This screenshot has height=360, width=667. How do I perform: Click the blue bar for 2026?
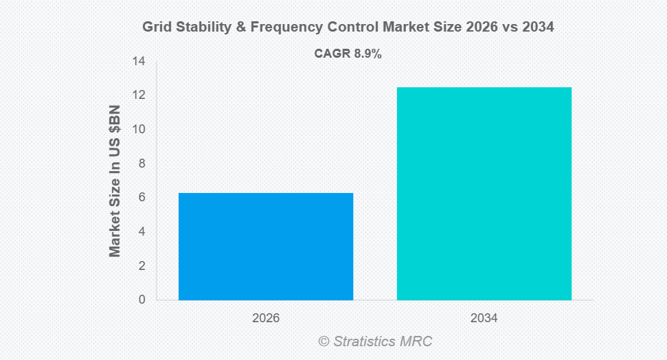[x=266, y=247]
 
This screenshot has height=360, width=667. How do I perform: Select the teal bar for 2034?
[x=484, y=194]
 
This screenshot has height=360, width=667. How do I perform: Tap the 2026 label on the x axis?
[x=266, y=319]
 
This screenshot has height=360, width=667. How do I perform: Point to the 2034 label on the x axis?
[x=484, y=319]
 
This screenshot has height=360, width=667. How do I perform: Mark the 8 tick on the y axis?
[x=142, y=164]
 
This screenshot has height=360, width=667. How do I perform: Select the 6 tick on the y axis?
[x=142, y=198]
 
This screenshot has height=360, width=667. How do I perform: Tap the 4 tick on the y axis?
[x=142, y=232]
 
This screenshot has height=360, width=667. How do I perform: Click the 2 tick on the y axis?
[x=142, y=266]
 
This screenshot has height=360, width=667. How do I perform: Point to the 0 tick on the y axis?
[x=142, y=300]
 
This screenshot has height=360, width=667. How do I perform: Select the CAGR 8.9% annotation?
[x=348, y=54]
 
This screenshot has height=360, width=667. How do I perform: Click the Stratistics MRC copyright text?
[x=375, y=341]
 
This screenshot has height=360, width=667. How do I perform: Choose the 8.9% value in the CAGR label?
[x=368, y=54]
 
